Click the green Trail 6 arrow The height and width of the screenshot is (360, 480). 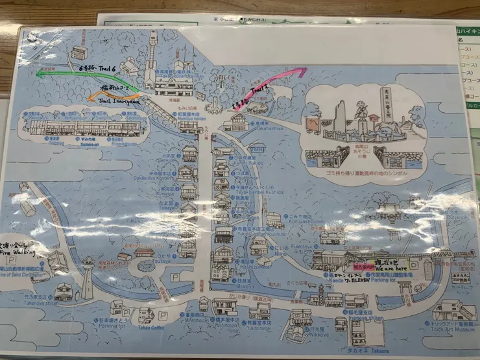71,74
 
